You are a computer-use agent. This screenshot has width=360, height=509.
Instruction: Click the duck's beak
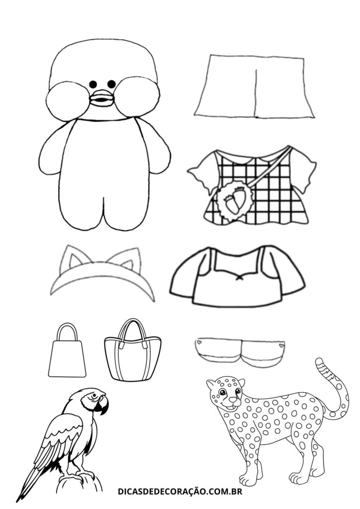101,98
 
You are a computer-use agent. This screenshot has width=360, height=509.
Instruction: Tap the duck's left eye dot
93,84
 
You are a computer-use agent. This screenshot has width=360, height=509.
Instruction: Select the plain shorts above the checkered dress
255,86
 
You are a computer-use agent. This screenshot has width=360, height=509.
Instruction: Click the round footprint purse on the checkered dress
235,202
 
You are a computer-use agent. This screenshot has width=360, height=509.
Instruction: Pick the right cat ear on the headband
130,259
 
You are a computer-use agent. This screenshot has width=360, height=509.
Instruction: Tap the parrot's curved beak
103,406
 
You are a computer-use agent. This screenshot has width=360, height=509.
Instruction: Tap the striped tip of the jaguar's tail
321,365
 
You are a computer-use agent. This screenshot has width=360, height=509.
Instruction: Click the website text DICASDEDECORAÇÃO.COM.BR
180,492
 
